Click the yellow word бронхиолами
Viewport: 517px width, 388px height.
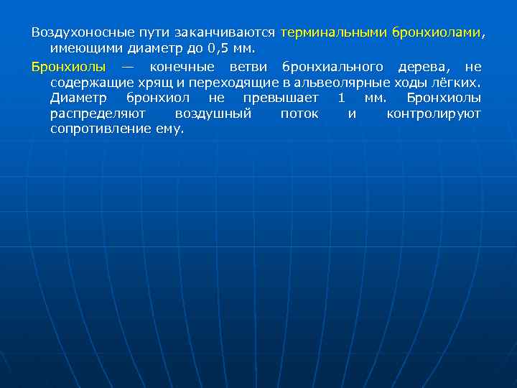pyautogui.click(x=437, y=33)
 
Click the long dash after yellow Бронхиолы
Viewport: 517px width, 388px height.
pyautogui.click(x=128, y=67)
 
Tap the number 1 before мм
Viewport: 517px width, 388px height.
pyautogui.click(x=341, y=98)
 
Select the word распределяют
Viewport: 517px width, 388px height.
pyautogui.click(x=98, y=114)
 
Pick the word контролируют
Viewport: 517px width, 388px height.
pyautogui.click(x=434, y=114)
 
